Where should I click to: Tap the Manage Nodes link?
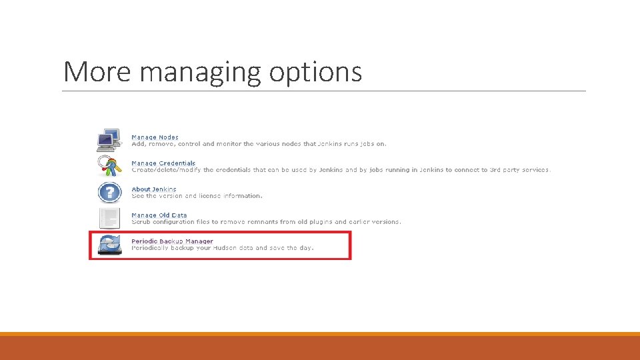click(155, 137)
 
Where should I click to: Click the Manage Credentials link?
click(163, 163)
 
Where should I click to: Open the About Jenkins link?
click(154, 189)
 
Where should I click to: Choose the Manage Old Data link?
click(159, 215)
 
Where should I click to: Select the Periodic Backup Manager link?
click(172, 241)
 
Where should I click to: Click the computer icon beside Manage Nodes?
click(109, 140)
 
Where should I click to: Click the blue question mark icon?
click(109, 192)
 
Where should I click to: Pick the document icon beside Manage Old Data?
click(109, 218)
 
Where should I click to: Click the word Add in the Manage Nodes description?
click(138, 144)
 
